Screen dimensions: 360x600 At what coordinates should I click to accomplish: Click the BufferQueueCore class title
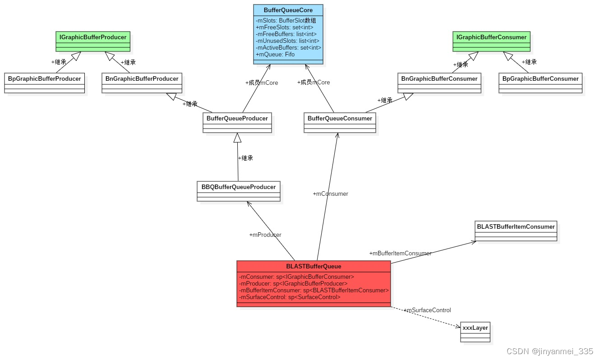click(288, 10)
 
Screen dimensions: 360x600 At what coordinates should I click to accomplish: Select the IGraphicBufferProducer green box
click(93, 37)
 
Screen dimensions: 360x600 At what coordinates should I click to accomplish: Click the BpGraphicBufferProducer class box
click(44, 79)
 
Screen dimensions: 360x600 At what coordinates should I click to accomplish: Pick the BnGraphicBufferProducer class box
click(142, 79)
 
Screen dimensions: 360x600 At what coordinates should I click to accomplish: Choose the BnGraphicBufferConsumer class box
click(439, 79)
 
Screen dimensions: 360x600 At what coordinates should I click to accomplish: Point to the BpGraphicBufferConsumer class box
click(540, 79)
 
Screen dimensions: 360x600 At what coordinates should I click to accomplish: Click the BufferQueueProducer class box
click(237, 119)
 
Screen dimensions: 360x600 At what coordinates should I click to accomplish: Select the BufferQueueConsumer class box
click(340, 119)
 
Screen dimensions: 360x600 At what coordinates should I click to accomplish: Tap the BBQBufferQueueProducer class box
click(238, 187)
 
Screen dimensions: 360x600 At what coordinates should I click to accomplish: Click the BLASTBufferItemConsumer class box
click(516, 227)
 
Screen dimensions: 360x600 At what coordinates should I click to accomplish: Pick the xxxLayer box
click(475, 328)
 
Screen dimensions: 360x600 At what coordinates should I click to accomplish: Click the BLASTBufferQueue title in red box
click(314, 266)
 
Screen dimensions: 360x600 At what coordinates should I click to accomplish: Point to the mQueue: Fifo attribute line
click(275, 55)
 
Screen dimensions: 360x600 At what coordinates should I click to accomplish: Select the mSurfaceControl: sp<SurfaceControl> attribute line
click(290, 297)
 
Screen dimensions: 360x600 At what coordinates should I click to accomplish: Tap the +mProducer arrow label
click(265, 235)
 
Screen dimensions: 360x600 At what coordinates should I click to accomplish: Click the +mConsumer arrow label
click(330, 194)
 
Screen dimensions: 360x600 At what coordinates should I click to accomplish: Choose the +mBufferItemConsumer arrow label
click(400, 254)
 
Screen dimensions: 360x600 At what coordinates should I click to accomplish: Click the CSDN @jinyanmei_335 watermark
click(549, 351)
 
